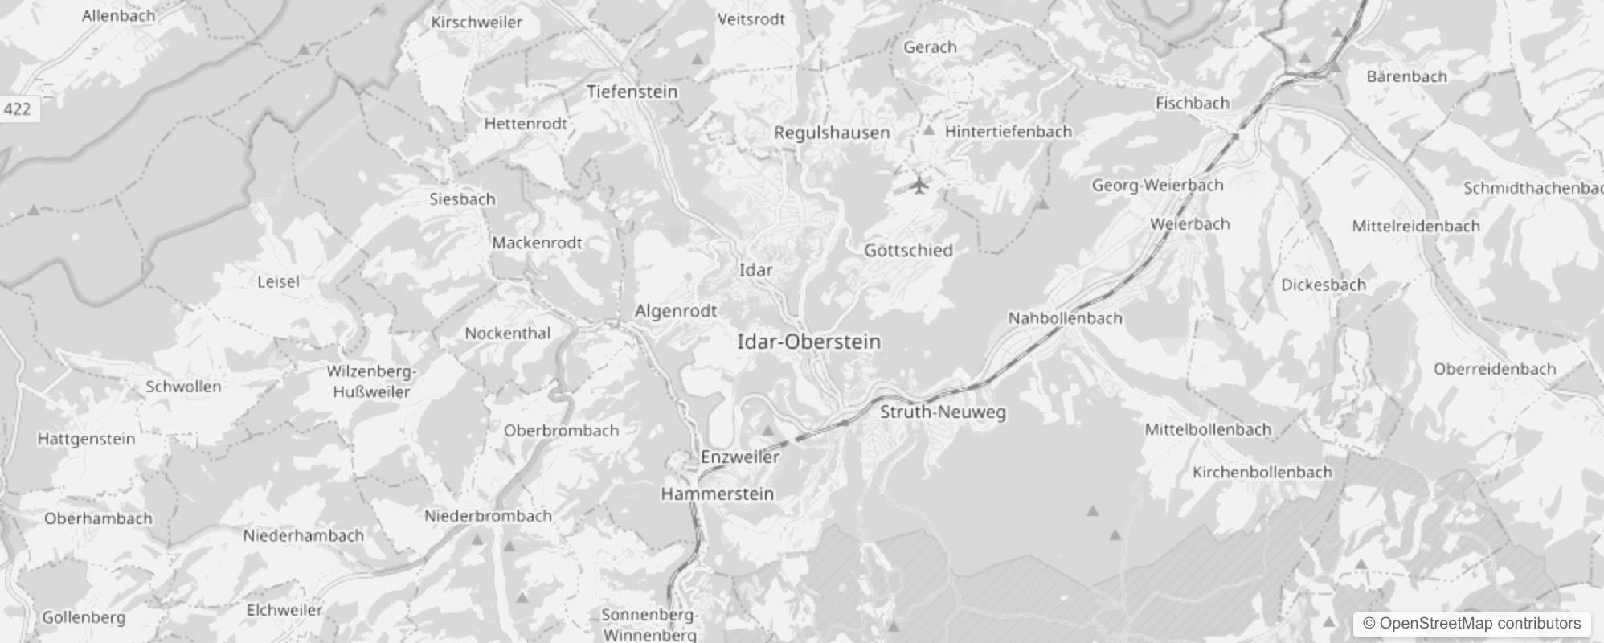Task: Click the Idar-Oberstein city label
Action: (808, 342)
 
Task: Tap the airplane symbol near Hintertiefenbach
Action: (919, 186)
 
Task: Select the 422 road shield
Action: (17, 109)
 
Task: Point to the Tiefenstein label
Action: (632, 92)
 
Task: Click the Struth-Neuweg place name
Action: (943, 412)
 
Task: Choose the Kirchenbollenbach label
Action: (1262, 472)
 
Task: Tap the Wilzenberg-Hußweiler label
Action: (371, 382)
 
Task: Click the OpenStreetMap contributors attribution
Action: (1471, 624)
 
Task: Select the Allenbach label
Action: (118, 15)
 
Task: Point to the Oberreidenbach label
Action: (1494, 369)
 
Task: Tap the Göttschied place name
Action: (908, 250)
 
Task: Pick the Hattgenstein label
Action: (86, 439)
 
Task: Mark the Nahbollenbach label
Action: (1065, 318)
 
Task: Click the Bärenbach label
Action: (1406, 76)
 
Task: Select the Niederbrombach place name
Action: (488, 516)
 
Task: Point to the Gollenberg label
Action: (84, 617)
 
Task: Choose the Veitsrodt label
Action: (751, 19)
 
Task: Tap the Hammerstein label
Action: (717, 494)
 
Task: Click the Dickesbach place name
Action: (1323, 285)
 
